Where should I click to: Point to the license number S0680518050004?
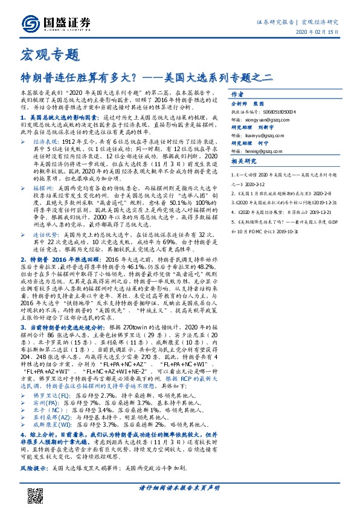tap(283, 112)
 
